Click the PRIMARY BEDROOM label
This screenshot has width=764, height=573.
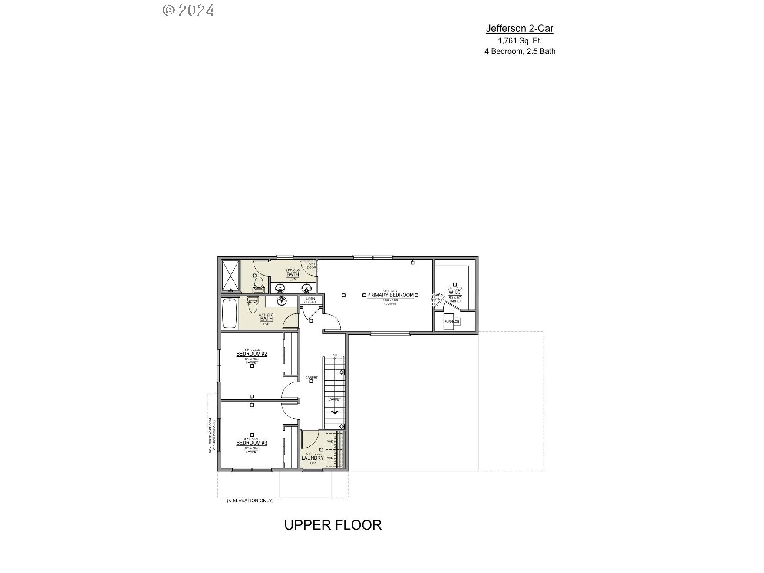(390, 295)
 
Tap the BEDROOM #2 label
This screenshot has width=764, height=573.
(252, 354)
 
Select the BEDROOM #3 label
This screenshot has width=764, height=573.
(252, 443)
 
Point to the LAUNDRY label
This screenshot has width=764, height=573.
(313, 458)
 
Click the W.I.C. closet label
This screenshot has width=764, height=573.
(455, 293)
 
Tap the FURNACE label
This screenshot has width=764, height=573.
(451, 322)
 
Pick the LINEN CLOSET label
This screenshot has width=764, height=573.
(310, 300)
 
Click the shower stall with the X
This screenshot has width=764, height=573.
(231, 276)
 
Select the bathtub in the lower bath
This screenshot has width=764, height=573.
(229, 313)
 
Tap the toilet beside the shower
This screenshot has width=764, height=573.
(259, 284)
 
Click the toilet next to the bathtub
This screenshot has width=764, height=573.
(252, 305)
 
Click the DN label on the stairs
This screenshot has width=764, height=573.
(334, 356)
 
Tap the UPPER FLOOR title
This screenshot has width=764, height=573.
(333, 525)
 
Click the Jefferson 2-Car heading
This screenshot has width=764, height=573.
(520, 29)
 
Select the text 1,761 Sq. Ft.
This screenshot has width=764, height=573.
(520, 41)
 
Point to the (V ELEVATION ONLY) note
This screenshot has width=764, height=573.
(250, 501)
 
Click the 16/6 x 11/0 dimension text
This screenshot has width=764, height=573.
(390, 300)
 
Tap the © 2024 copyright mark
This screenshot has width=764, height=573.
(188, 10)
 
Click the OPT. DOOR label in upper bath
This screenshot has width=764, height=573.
(312, 265)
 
